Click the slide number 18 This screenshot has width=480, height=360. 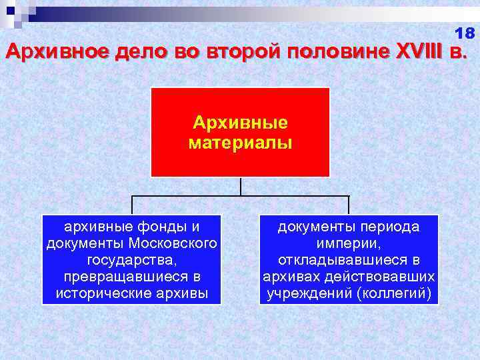(465, 33)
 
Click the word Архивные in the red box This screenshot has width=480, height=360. (240, 123)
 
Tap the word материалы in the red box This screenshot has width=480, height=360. (240, 143)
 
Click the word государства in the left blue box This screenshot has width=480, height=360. (131, 260)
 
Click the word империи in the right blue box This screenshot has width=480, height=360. (349, 243)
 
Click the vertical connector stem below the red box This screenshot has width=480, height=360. (240, 186)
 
